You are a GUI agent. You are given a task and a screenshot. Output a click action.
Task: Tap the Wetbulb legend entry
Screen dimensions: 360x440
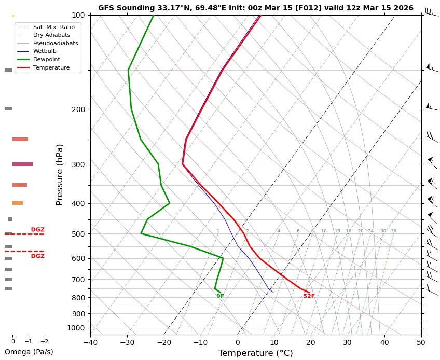[x=45, y=51]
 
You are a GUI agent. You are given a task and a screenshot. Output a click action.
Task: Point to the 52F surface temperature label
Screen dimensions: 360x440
[x=309, y=296]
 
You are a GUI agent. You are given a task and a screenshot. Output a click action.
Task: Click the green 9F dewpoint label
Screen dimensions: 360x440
[x=221, y=296]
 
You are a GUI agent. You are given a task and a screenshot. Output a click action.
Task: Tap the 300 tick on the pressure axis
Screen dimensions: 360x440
[x=78, y=164]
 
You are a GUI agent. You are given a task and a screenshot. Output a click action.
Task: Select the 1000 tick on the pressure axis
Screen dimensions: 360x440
[x=76, y=328]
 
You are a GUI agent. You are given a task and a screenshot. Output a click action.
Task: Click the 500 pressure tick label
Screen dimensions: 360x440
[x=78, y=234]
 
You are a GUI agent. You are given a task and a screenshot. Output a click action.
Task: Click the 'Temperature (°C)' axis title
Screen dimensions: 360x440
[x=255, y=353]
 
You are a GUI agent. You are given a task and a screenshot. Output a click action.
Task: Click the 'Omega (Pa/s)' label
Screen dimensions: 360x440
[x=29, y=352]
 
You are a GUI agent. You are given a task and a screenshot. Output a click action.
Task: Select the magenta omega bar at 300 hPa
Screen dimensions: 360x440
[x=23, y=164]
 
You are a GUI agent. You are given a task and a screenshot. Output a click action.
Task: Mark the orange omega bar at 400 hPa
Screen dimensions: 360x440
[x=18, y=203]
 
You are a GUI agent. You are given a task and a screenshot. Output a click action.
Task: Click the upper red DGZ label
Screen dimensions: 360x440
[x=37, y=230]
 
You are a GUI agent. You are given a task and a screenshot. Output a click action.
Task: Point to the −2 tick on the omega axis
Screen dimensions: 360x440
[x=44, y=341]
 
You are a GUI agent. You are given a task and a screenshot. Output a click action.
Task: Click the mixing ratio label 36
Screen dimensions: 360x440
[x=393, y=231]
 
